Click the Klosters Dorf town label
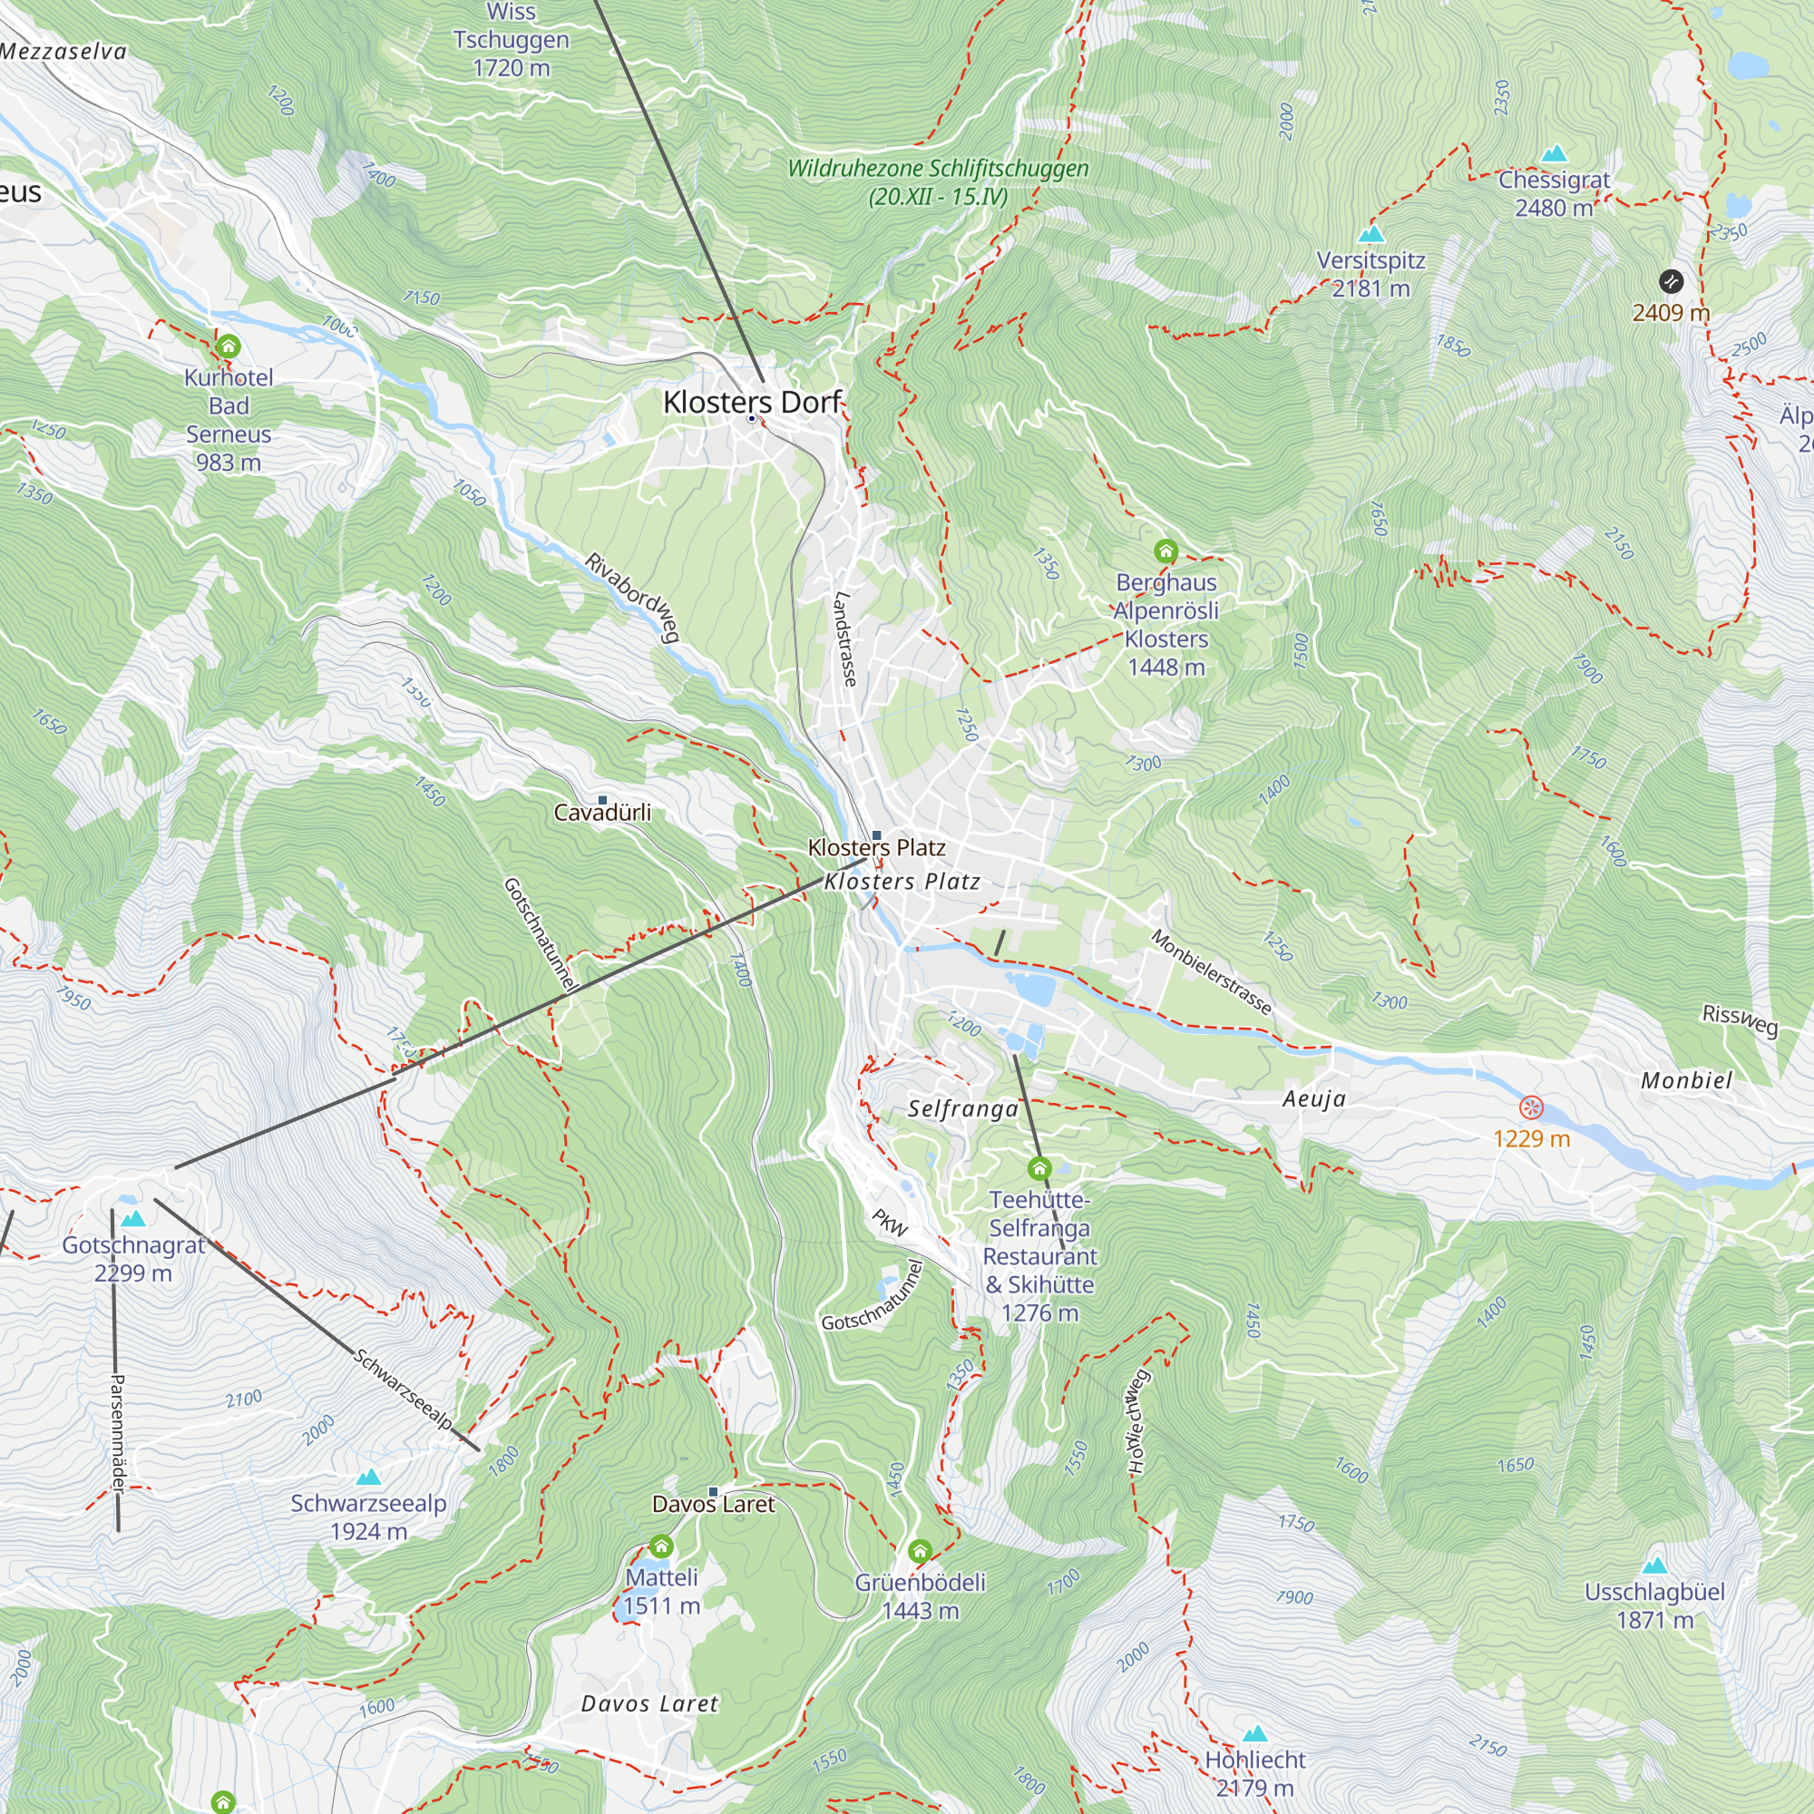tap(752, 402)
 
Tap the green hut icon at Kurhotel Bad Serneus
tap(229, 346)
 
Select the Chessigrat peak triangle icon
tap(1555, 153)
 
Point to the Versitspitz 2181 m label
tap(1370, 274)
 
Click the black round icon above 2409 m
tap(1672, 281)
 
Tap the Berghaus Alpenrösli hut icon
tap(1166, 551)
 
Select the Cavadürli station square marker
tap(603, 800)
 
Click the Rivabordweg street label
tap(632, 597)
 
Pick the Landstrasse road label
tap(845, 639)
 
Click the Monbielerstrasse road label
tap(1211, 971)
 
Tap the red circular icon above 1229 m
tap(1531, 1108)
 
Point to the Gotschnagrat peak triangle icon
tap(133, 1219)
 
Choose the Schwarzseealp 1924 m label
tap(368, 1517)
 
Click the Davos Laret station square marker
tap(713, 1492)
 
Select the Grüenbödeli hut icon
tap(920, 1550)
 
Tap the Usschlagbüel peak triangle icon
tap(1654, 1565)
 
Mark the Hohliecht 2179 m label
tap(1255, 1772)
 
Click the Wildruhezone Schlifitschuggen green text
tap(938, 182)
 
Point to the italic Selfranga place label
tap(962, 1109)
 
